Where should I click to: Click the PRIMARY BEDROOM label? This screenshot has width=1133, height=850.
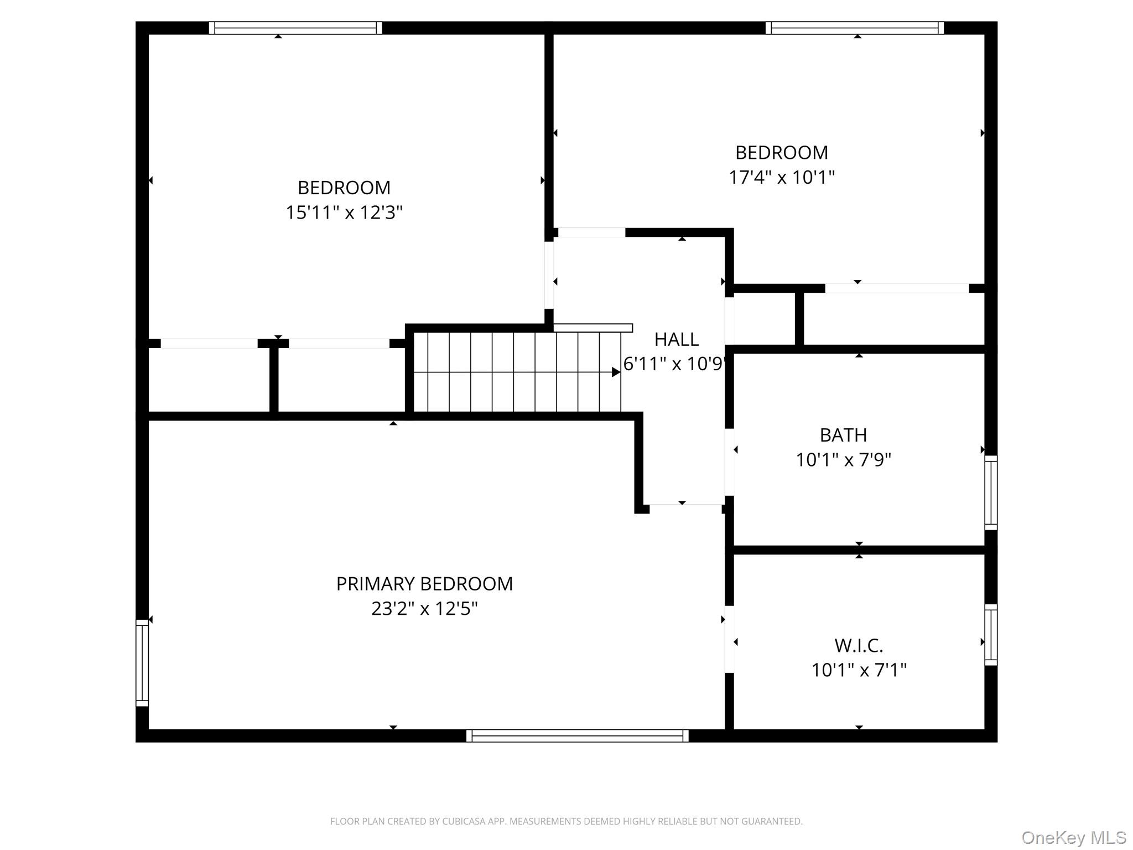pyautogui.click(x=424, y=584)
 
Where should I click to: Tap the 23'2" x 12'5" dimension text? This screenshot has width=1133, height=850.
pyautogui.click(x=424, y=609)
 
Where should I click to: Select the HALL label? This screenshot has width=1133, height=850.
pyautogui.click(x=676, y=339)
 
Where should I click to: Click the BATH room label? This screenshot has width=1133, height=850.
pyautogui.click(x=843, y=435)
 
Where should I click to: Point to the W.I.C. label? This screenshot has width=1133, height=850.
pyautogui.click(x=859, y=645)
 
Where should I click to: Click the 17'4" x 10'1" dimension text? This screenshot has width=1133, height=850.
pyautogui.click(x=782, y=178)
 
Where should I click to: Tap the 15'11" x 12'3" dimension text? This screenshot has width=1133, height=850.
pyautogui.click(x=344, y=212)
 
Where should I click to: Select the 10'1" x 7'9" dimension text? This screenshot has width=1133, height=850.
pyautogui.click(x=843, y=460)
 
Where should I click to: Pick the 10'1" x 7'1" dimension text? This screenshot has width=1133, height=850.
pyautogui.click(x=859, y=670)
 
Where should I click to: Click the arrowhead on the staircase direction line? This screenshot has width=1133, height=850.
pyautogui.click(x=616, y=372)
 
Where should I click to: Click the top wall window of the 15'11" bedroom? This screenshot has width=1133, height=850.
pyautogui.click(x=295, y=28)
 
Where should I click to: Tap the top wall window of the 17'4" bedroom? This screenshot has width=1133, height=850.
pyautogui.click(x=855, y=28)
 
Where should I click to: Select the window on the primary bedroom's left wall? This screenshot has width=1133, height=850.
pyautogui.click(x=142, y=663)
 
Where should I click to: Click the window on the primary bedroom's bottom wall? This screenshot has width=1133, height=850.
pyautogui.click(x=577, y=735)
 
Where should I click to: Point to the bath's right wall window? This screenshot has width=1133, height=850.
pyautogui.click(x=991, y=493)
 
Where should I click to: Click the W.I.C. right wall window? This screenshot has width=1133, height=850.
pyautogui.click(x=991, y=635)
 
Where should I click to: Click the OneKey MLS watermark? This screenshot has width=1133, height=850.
pyautogui.click(x=1074, y=838)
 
